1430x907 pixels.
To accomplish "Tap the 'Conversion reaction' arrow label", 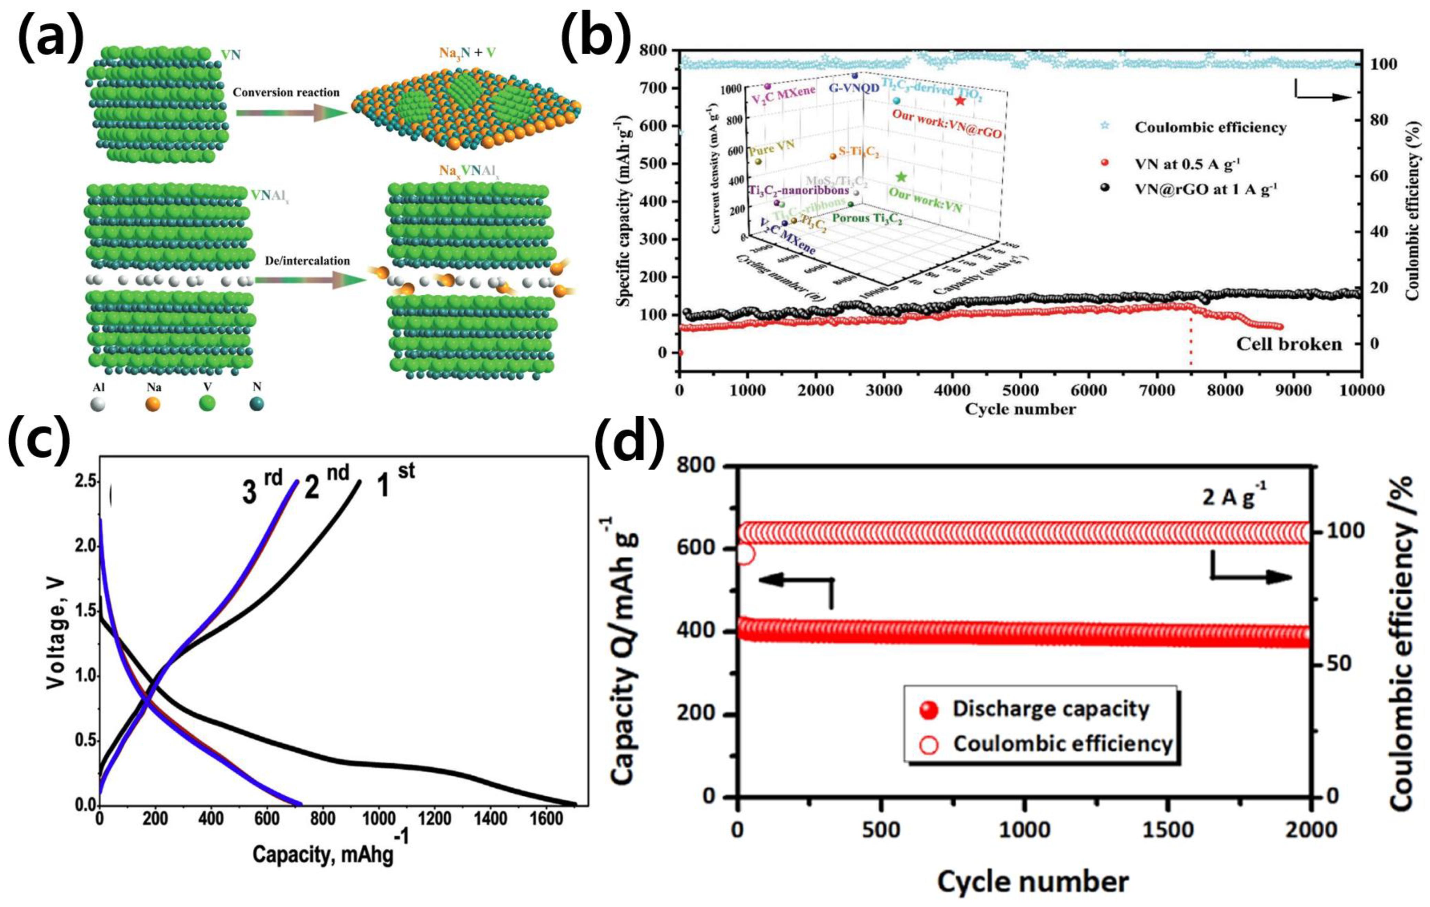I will point(286,92).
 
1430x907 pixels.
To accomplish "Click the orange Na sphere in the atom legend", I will point(153,404).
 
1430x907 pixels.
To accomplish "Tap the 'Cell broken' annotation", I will point(1289,344).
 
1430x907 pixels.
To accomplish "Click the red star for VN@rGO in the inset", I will point(960,101).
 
